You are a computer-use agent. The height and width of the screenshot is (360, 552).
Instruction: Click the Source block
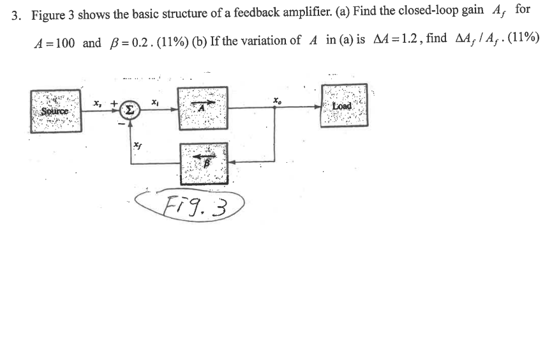pyautogui.click(x=54, y=108)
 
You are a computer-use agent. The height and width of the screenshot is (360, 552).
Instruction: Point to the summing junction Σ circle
pyautogui.click(x=130, y=109)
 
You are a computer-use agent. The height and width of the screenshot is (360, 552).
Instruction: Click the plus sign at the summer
pyautogui.click(x=114, y=101)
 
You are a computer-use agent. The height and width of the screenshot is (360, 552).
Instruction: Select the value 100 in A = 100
pyautogui.click(x=63, y=43)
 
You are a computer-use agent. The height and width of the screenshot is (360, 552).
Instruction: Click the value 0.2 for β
pyautogui.click(x=138, y=43)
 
